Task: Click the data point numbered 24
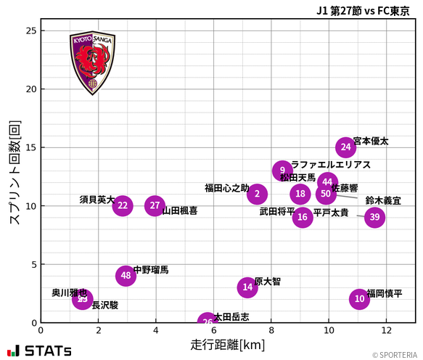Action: click(x=346, y=147)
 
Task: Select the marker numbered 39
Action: click(x=374, y=217)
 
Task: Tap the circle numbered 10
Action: click(x=359, y=299)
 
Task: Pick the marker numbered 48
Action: click(x=126, y=276)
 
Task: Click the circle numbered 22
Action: click(x=123, y=205)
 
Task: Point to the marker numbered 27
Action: click(x=155, y=205)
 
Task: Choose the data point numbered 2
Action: click(x=257, y=194)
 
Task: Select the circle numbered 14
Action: click(x=248, y=287)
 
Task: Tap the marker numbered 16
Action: click(x=303, y=217)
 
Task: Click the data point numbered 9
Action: click(x=283, y=171)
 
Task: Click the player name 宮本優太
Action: click(x=371, y=142)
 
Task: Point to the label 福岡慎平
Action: click(x=385, y=293)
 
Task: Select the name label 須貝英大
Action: click(x=97, y=200)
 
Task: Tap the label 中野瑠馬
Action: click(x=151, y=270)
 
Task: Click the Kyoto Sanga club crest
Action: click(x=92, y=62)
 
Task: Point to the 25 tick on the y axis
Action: click(x=30, y=30)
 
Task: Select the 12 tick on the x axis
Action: click(x=386, y=330)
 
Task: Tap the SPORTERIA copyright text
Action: click(x=395, y=355)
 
